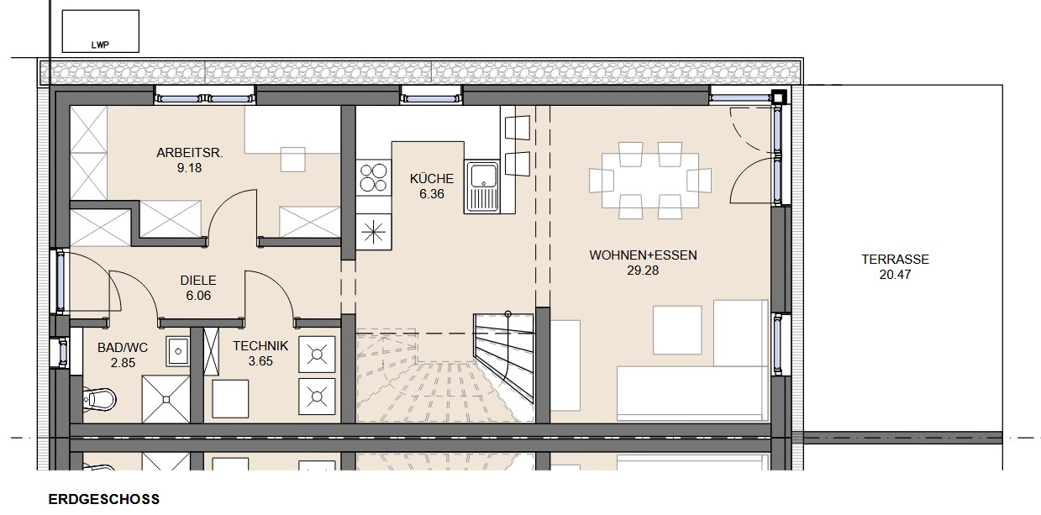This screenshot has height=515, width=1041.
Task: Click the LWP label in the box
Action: click(x=100, y=45)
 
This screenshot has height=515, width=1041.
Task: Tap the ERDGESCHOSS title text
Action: click(x=104, y=500)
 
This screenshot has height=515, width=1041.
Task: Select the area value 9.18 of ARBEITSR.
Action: click(x=190, y=168)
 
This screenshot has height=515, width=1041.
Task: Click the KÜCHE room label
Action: click(x=432, y=178)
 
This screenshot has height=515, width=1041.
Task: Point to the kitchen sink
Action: click(x=482, y=187)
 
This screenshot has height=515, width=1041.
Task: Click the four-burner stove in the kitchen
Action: click(x=374, y=177)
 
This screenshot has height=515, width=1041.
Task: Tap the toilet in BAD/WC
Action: click(x=99, y=398)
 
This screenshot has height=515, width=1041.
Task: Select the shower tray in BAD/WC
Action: click(x=166, y=399)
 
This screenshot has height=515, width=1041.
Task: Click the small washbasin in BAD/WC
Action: click(x=178, y=351)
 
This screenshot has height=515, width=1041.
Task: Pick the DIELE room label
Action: click(x=198, y=281)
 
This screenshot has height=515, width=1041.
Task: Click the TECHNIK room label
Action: click(x=260, y=346)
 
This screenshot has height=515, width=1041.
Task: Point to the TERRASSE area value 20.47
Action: click(x=895, y=274)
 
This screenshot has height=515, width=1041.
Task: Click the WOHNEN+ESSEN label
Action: click(x=644, y=255)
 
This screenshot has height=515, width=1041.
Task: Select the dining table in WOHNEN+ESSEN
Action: click(x=650, y=181)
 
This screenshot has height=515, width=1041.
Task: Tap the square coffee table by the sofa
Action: click(x=677, y=330)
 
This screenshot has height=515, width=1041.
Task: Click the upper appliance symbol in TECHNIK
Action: click(x=317, y=355)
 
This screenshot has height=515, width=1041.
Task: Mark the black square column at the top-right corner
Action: click(x=780, y=97)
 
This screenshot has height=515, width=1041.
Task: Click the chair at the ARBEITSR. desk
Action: click(x=292, y=160)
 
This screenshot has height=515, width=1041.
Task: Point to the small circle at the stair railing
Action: click(x=508, y=314)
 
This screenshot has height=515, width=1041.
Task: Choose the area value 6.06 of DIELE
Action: click(x=198, y=296)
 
